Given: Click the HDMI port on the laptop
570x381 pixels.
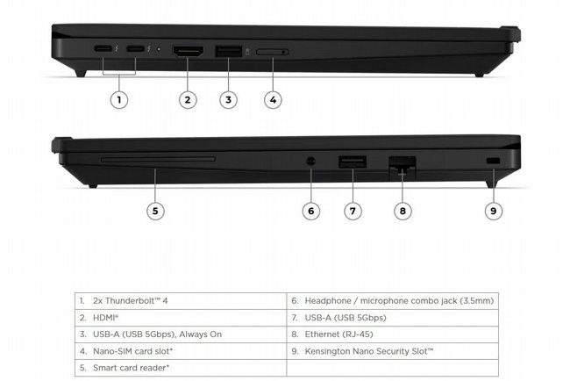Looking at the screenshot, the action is (188, 51).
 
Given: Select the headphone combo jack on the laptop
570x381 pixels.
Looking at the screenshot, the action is (310, 162).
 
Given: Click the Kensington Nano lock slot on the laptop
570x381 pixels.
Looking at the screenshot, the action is (494, 161).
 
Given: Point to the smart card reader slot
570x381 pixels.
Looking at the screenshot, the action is (158, 159).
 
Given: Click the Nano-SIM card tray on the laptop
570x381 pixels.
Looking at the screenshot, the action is (273, 52).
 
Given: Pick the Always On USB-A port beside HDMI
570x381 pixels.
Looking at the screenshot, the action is (229, 51).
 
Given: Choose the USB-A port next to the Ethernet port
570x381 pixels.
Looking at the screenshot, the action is (353, 162).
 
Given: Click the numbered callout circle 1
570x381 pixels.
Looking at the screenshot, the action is (119, 99).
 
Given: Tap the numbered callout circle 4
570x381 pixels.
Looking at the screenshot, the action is (273, 99).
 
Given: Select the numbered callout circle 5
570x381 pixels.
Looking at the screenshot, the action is (155, 211).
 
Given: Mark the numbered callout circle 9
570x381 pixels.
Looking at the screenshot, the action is (494, 211).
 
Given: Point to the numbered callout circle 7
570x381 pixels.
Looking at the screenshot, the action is (353, 211).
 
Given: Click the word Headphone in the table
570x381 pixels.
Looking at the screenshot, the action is (328, 301).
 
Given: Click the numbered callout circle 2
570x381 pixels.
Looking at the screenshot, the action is (188, 99).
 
